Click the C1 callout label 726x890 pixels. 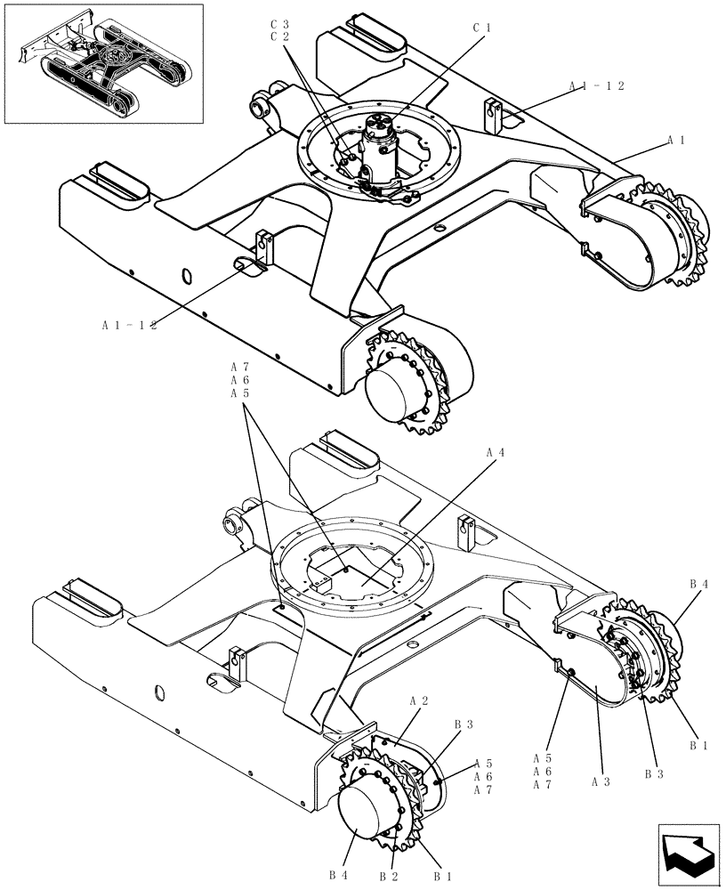coord(481,28)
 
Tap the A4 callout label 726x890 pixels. coord(496,452)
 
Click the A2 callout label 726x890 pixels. coord(419,701)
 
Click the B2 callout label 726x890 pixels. coord(388,876)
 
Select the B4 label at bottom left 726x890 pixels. coord(338,876)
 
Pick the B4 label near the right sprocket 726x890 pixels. coord(698,584)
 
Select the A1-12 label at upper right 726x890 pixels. coord(597,86)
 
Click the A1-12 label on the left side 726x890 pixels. coord(129,326)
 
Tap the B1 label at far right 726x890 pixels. coord(698,746)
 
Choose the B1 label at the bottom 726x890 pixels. coord(443,876)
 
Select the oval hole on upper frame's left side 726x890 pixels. coord(187,276)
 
